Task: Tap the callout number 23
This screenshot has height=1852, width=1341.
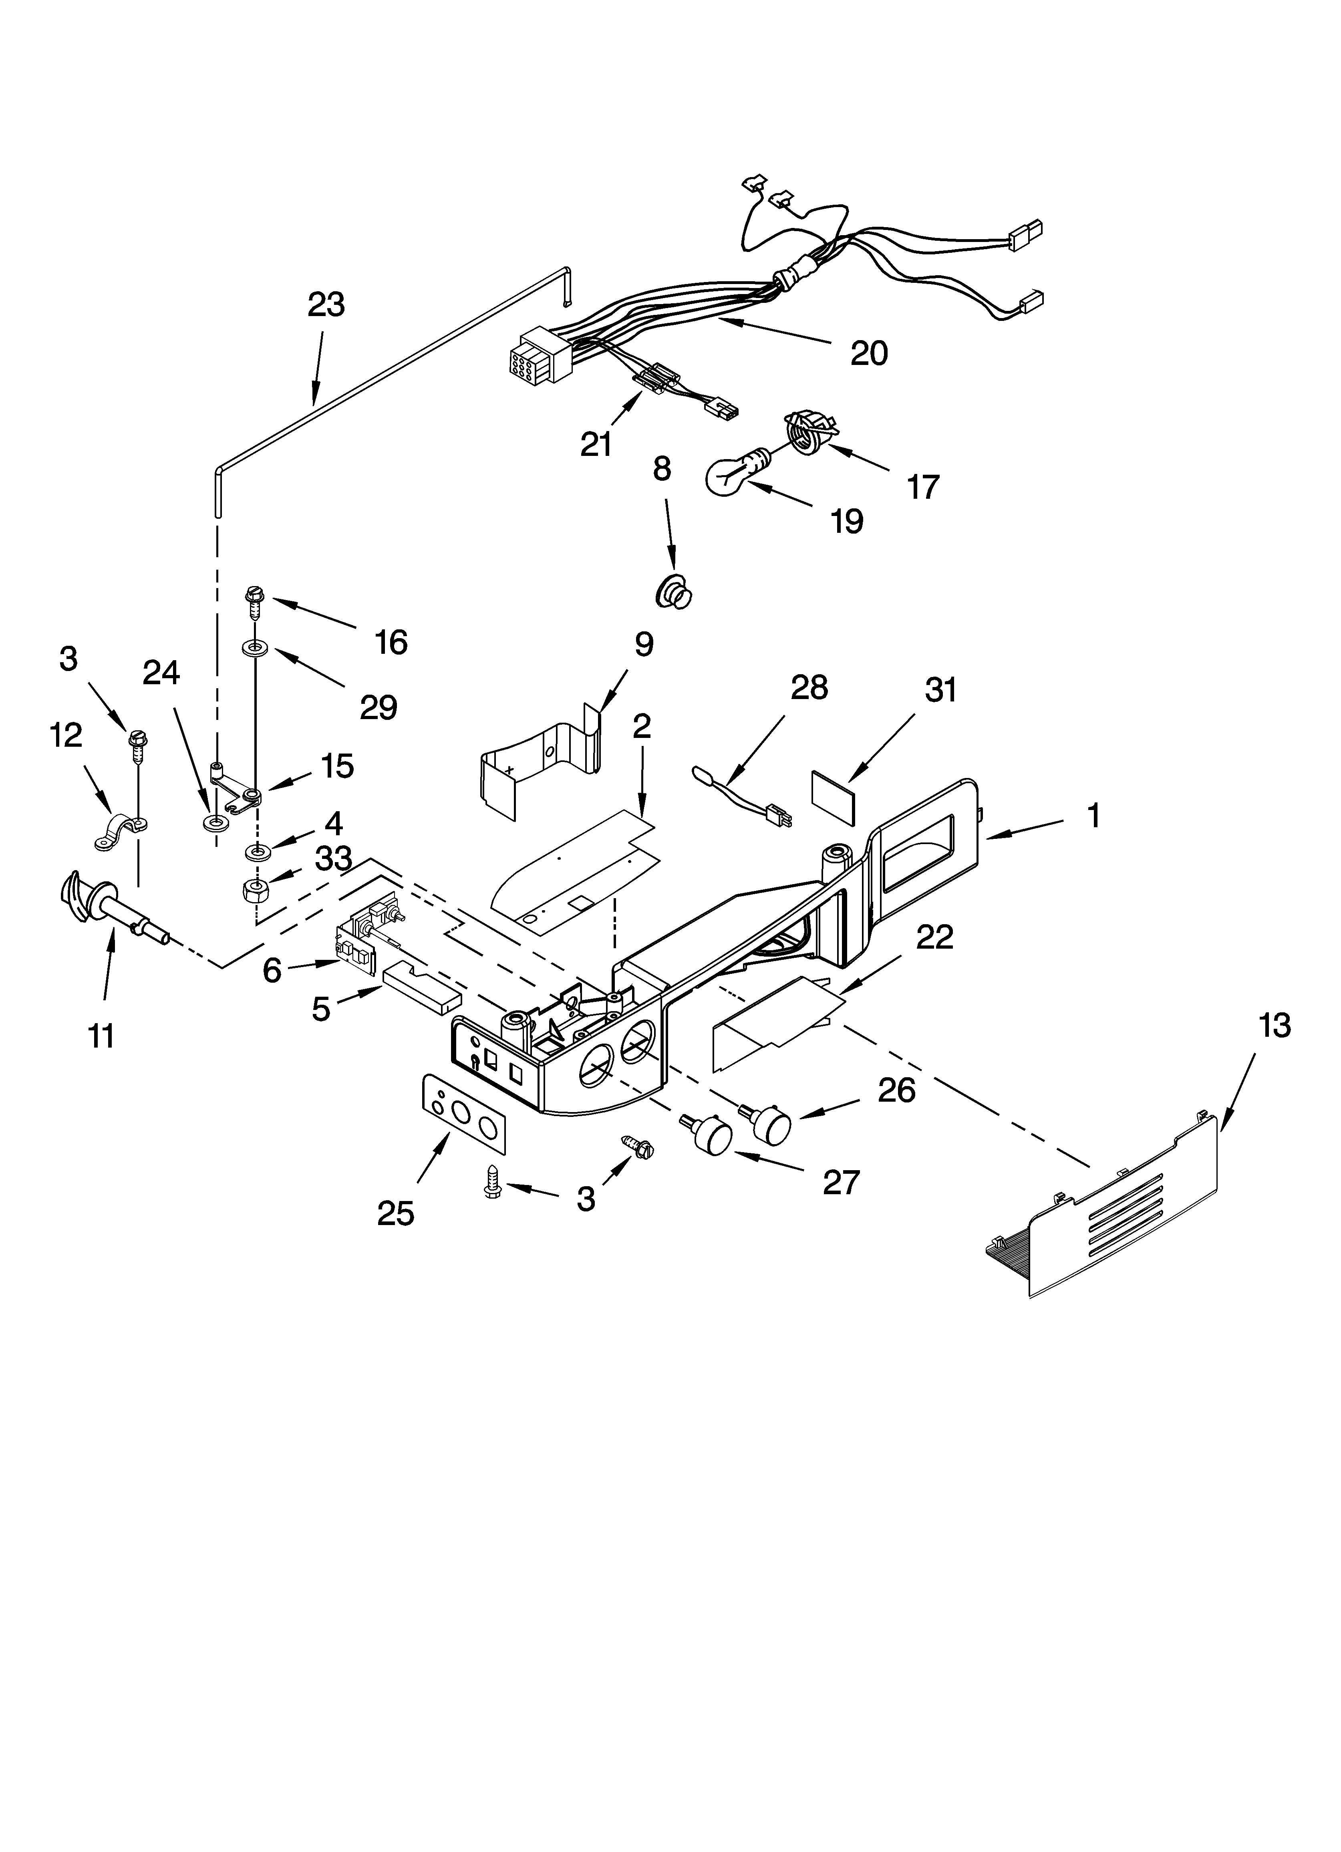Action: click(x=326, y=304)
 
